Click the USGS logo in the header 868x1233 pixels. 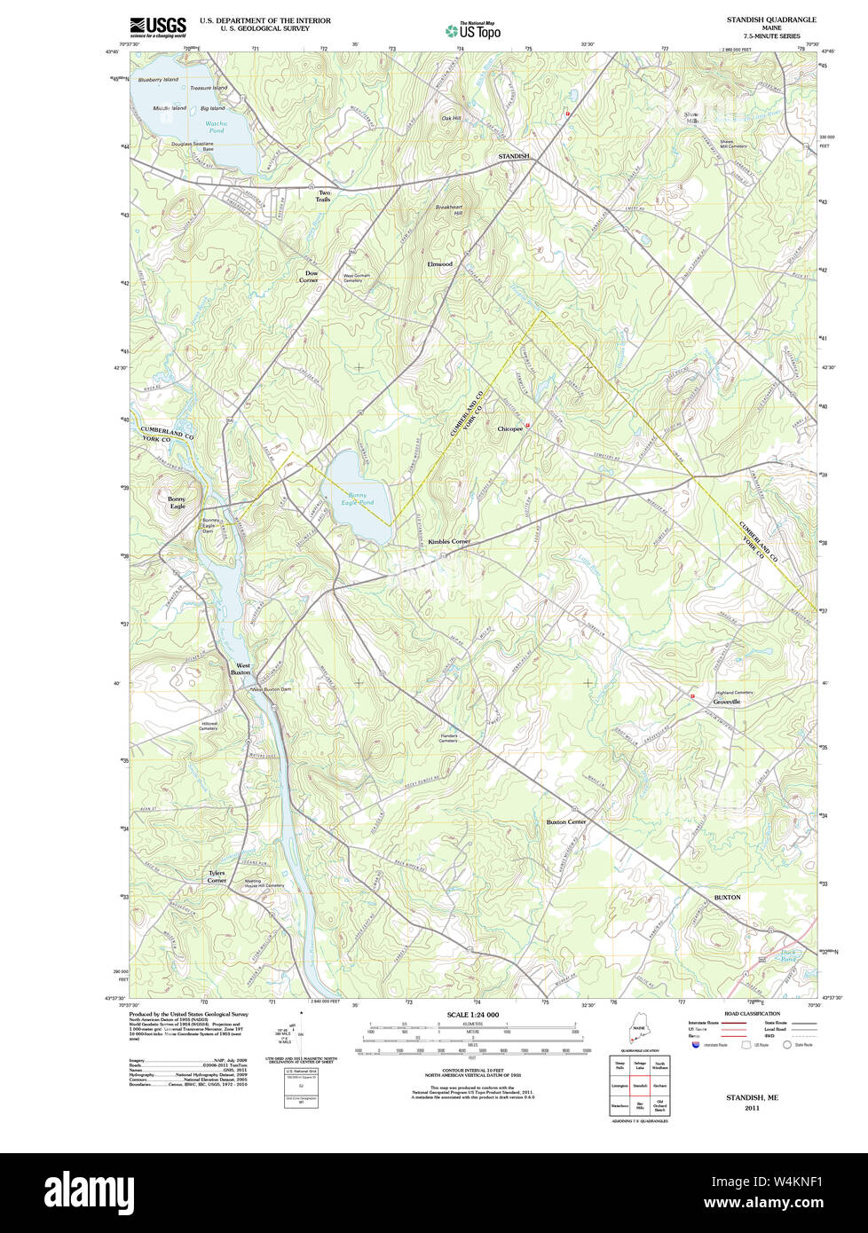158,27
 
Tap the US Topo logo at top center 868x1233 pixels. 473,30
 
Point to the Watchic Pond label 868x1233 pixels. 217,127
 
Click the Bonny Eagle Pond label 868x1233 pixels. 359,499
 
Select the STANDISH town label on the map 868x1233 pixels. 513,156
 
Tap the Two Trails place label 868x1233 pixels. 324,196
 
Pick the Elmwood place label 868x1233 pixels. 439,264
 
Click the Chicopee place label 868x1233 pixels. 509,428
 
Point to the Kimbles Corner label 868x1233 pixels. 448,541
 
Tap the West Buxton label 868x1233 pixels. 241,669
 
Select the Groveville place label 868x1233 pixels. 726,702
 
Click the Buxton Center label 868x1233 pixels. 565,822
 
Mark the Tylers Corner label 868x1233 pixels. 217,876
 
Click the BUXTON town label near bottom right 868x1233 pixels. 727,898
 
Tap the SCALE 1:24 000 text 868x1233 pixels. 473,1014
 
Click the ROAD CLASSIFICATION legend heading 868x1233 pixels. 752,1014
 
